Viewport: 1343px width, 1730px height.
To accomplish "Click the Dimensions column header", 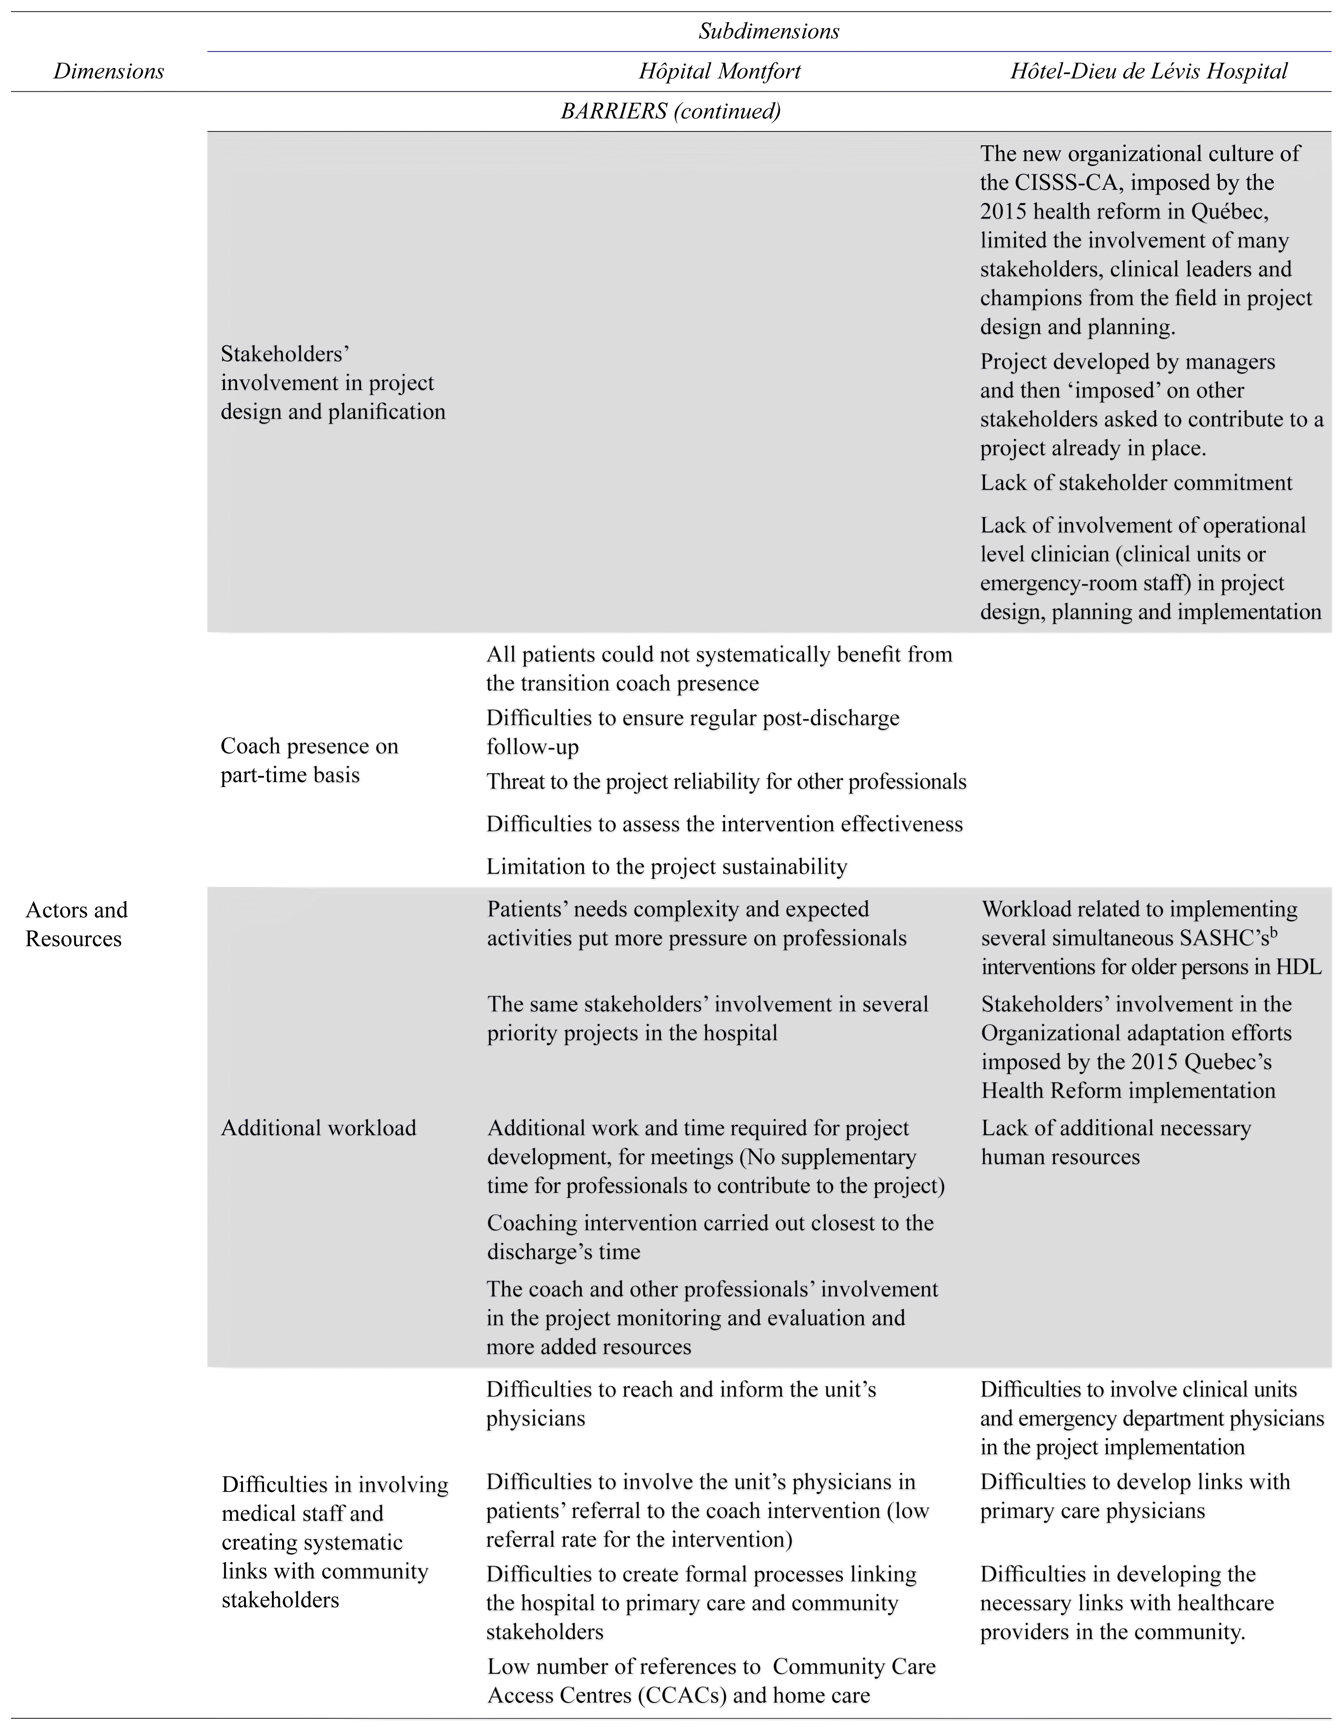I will point(108,71).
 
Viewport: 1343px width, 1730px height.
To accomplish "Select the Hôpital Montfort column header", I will point(719,71).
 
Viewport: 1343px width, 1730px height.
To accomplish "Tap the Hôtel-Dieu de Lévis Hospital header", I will point(1148,71).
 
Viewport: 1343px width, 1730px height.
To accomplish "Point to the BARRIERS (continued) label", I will point(670,111).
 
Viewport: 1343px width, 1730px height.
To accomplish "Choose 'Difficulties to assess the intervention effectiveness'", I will point(724,824).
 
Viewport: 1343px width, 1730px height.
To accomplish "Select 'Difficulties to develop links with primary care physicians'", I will point(1135,1496).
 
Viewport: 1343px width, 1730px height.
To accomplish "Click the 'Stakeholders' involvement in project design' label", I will point(333,383).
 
